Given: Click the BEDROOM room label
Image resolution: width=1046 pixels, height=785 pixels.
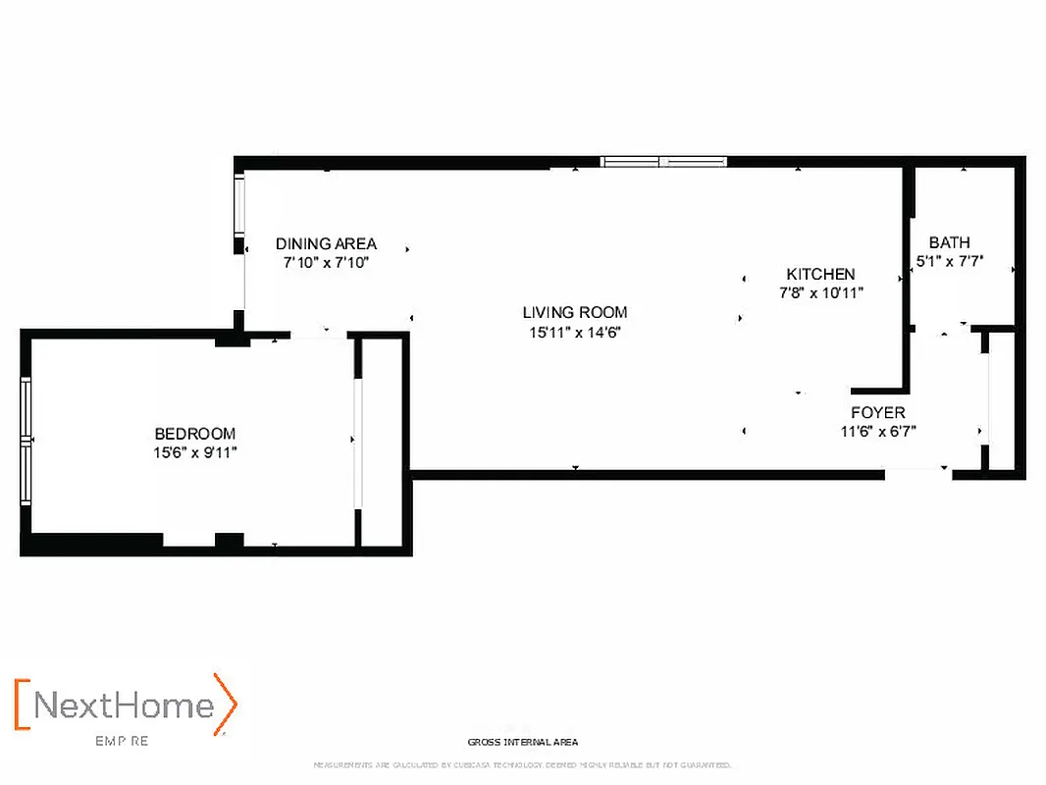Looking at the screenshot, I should tap(194, 434).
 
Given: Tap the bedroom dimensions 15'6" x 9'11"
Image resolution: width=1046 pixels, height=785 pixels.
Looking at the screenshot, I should tap(194, 452).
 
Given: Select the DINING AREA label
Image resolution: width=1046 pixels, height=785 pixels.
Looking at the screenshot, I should tap(326, 244).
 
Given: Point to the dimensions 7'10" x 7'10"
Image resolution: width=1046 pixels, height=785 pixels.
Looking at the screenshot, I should tap(326, 263).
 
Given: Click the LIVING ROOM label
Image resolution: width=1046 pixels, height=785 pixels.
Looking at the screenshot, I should tap(574, 313).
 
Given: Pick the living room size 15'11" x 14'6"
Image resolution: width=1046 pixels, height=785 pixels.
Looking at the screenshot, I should tap(574, 332).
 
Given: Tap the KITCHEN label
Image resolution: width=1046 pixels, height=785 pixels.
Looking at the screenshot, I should tap(820, 275).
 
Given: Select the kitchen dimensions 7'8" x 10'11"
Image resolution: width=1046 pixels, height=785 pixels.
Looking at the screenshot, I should tap(820, 292).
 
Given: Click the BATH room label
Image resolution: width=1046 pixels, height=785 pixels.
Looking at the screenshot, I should tap(949, 242).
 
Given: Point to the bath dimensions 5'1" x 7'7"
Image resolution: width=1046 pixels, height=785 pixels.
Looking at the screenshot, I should tap(949, 261).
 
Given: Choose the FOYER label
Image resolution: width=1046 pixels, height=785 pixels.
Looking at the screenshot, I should tap(877, 413).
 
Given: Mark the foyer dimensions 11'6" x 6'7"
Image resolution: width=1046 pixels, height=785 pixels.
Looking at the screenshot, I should tap(877, 431).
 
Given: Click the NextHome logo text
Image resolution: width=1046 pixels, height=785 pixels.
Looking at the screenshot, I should tap(125, 706).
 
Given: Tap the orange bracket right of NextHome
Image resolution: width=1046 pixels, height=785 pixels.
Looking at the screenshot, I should tap(227, 704).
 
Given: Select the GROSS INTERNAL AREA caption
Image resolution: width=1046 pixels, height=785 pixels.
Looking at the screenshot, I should tap(523, 743).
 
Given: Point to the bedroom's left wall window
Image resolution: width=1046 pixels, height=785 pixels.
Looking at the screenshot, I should tap(26, 441).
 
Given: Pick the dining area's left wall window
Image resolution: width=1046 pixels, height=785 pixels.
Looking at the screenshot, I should tap(238, 205).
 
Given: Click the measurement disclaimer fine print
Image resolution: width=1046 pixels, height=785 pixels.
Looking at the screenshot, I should tap(522, 764).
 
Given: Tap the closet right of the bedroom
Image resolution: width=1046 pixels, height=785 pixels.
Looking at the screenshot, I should tap(382, 441).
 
